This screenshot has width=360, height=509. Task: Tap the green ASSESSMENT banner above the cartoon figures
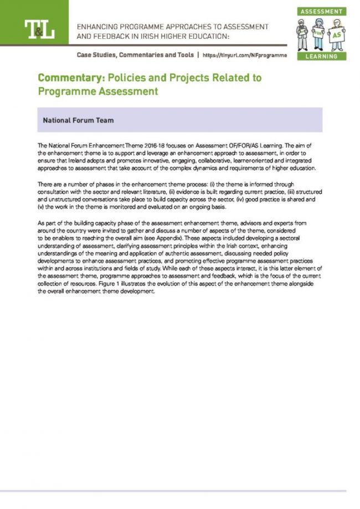[321, 11]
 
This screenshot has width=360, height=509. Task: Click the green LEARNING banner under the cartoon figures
[321, 56]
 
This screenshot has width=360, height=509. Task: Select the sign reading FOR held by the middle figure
[318, 34]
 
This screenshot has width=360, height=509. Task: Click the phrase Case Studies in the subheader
[95, 55]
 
